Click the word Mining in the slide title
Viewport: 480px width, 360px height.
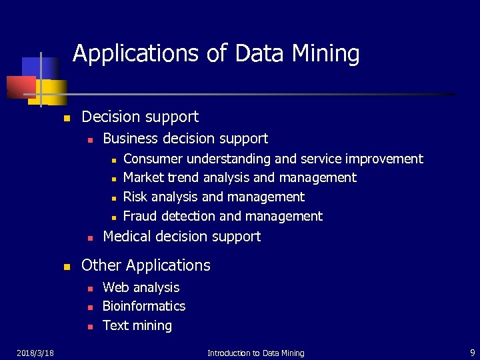327,54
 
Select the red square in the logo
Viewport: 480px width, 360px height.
21,87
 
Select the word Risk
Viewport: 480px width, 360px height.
135,197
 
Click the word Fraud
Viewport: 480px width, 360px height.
140,216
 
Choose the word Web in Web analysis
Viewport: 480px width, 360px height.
116,287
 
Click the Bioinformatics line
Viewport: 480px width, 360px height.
144,306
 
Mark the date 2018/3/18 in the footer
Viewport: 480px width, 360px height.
36,352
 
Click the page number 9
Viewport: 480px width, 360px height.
472,352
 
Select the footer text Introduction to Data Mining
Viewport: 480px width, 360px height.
255,353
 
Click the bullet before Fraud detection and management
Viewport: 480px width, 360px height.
113,217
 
